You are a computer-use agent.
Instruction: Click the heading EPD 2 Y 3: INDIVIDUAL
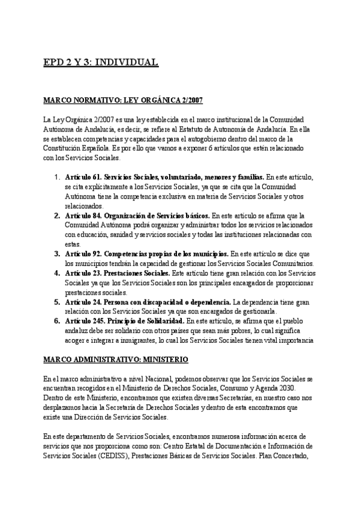(x=101, y=62)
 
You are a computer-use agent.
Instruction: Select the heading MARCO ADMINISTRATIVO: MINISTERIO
(x=116, y=360)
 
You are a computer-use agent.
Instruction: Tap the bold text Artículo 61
(x=83, y=177)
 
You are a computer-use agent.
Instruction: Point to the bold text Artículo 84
(x=83, y=215)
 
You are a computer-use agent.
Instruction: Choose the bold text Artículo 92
(x=83, y=253)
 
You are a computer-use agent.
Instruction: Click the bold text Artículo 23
(x=83, y=273)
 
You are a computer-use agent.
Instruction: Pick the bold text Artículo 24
(x=83, y=301)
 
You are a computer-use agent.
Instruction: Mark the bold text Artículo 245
(x=85, y=321)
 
